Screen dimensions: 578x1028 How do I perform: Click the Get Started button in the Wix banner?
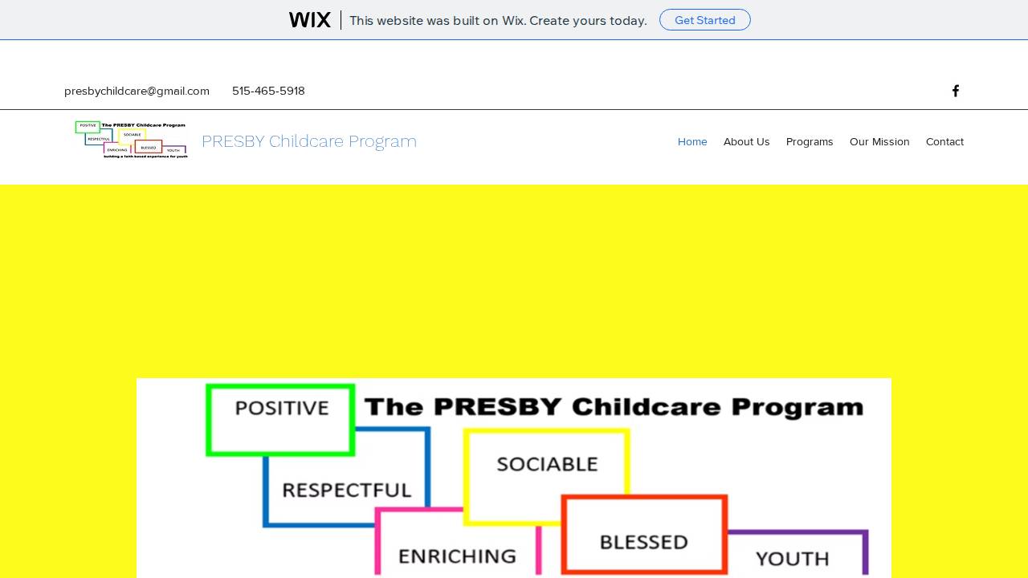pyautogui.click(x=704, y=20)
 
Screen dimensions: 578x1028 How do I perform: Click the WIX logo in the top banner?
pyautogui.click(x=310, y=20)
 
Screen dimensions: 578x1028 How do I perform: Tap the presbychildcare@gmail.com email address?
pyautogui.click(x=137, y=91)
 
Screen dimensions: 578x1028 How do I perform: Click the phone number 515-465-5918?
pyautogui.click(x=268, y=91)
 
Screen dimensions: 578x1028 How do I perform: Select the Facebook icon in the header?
pyautogui.click(x=956, y=91)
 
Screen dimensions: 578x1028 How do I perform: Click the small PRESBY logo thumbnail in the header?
pyautogui.click(x=132, y=140)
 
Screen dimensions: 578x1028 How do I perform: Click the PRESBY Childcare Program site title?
pyautogui.click(x=308, y=141)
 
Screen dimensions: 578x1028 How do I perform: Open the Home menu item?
pyautogui.click(x=692, y=141)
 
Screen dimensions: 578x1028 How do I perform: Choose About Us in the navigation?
pyautogui.click(x=746, y=141)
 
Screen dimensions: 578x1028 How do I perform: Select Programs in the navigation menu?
pyautogui.click(x=810, y=141)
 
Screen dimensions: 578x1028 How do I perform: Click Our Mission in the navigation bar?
pyautogui.click(x=879, y=141)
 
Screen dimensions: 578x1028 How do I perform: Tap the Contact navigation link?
pyautogui.click(x=944, y=141)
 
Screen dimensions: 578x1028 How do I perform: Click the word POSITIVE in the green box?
pyautogui.click(x=282, y=409)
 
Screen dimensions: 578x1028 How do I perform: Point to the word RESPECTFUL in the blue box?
pyautogui.click(x=347, y=490)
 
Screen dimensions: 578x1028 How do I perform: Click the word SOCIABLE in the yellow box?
pyautogui.click(x=547, y=464)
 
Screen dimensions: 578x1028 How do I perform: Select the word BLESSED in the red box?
pyautogui.click(x=643, y=542)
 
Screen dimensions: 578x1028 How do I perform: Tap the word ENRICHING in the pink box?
pyautogui.click(x=457, y=556)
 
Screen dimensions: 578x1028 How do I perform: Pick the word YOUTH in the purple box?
pyautogui.click(x=792, y=558)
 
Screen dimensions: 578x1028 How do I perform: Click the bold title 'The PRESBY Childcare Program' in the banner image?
pyautogui.click(x=614, y=407)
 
